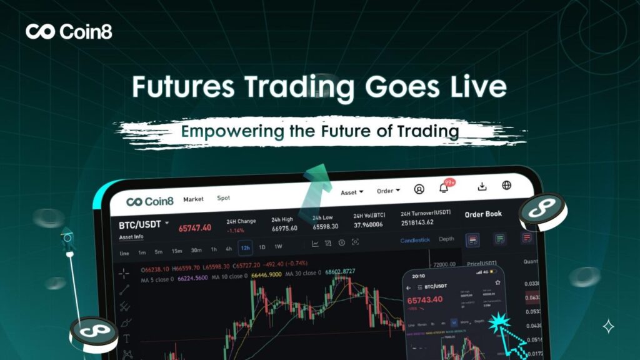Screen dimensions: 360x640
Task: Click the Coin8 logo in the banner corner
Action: point(69,31)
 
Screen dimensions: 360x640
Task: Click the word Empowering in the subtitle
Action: point(219,132)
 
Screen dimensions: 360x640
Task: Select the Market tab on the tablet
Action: point(193,199)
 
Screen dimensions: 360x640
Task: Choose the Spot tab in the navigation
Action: point(223,198)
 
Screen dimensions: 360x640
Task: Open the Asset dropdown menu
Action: point(352,192)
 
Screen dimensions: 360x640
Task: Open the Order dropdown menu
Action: point(388,191)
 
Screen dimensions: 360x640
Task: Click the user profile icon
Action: point(419,189)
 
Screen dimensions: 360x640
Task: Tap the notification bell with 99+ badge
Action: point(444,187)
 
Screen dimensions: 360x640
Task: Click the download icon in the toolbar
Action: point(482,186)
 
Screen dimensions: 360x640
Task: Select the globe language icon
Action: point(506,185)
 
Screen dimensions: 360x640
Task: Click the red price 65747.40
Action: point(194,227)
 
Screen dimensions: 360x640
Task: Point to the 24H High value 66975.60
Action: point(284,227)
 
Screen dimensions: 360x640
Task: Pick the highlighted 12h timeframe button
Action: point(245,248)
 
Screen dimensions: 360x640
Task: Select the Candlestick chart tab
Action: point(416,240)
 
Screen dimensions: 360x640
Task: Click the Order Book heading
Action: point(483,214)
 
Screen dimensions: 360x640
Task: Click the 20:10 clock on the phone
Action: point(418,275)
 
